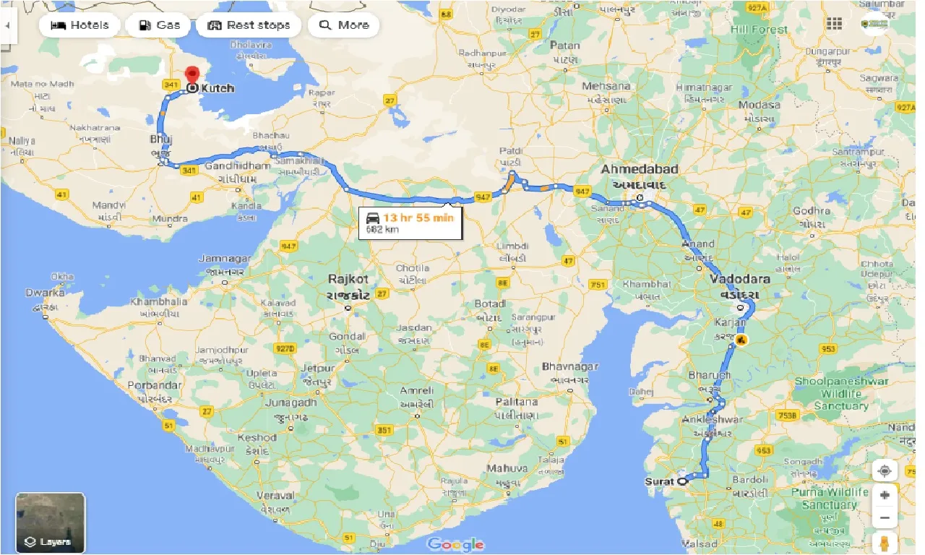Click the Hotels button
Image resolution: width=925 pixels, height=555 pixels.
(x=79, y=25)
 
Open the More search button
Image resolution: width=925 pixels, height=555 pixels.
(x=344, y=25)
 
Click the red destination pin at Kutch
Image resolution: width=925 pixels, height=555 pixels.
(x=192, y=76)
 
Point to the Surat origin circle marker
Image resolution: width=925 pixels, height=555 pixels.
(x=681, y=481)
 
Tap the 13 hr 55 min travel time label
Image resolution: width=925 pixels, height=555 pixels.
(x=418, y=217)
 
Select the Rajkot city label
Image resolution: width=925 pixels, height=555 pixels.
(x=348, y=279)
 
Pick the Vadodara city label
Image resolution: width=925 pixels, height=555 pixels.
(x=739, y=279)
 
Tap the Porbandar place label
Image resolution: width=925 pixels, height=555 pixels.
(x=154, y=385)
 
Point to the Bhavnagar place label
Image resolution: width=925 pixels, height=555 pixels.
(x=570, y=367)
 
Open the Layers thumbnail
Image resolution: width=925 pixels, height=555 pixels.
(x=51, y=523)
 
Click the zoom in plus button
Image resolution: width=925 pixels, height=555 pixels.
(x=885, y=495)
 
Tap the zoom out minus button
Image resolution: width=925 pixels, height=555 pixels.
(x=885, y=518)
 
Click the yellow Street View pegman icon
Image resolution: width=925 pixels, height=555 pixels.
(x=885, y=543)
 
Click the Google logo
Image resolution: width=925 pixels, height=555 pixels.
(x=455, y=544)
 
